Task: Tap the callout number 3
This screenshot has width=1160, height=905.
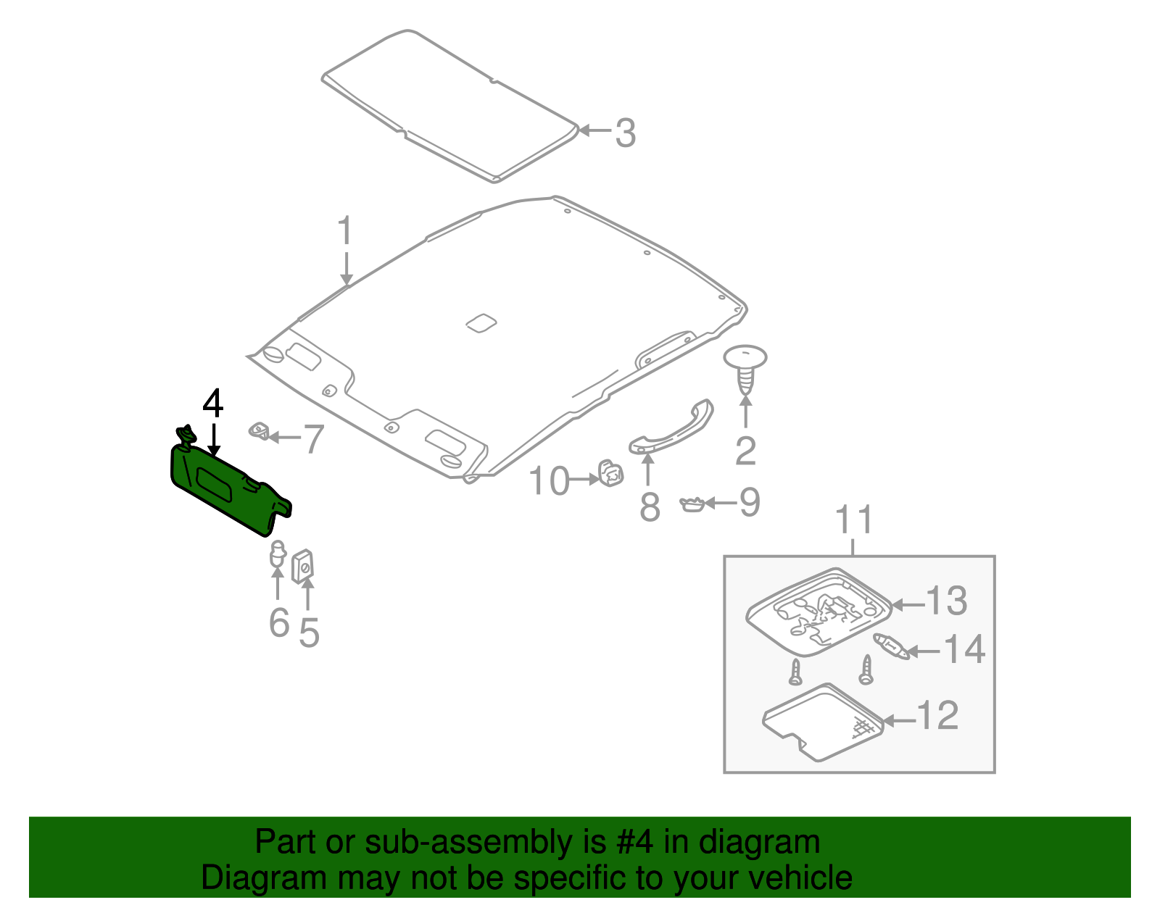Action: pos(625,133)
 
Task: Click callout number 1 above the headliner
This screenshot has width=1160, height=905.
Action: pos(345,231)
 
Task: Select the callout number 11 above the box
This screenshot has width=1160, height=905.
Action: pos(855,520)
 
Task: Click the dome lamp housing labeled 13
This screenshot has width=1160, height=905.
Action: pos(819,612)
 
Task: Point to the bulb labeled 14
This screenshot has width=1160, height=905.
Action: pos(892,646)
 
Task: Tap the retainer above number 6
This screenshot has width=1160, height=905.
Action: pos(277,554)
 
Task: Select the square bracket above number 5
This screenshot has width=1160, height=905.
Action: pos(303,565)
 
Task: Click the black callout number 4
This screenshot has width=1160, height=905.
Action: pos(212,404)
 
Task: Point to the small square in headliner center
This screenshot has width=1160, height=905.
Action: pos(480,322)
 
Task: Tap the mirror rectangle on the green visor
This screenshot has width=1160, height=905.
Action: pos(214,484)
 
